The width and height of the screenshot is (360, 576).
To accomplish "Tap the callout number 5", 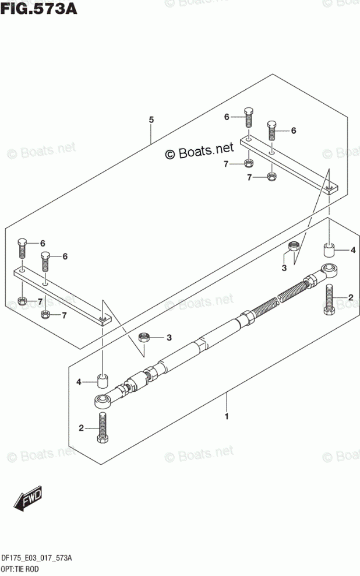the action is [151, 120].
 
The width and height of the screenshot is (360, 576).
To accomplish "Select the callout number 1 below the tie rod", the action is [227, 417].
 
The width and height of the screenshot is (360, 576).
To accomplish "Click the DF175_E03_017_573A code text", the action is [37, 559].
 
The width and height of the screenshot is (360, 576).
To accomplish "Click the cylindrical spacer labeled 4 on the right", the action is [330, 251].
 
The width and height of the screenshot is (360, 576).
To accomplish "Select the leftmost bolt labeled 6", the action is [22, 248].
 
